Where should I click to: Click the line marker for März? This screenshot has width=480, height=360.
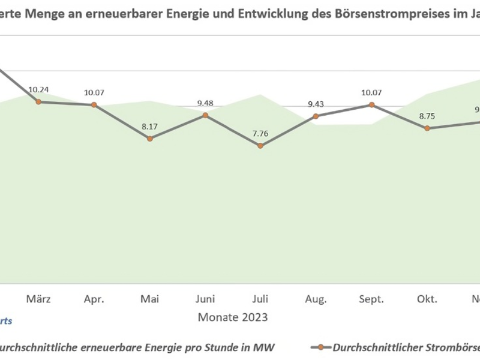tap(38, 102)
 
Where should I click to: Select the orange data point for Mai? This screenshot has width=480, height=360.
tap(149, 139)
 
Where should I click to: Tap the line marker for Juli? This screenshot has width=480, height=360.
tap(260, 146)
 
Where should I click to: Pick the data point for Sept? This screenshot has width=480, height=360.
tap(371, 105)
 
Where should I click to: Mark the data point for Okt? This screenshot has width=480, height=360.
tap(427, 128)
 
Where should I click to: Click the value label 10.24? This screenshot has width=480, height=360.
tap(38, 90)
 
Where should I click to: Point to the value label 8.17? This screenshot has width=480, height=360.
tap(149, 127)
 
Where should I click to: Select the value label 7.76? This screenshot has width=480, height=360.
tap(260, 133)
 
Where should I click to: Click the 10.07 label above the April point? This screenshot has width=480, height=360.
tap(94, 93)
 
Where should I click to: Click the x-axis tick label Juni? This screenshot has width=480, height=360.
tap(205, 299)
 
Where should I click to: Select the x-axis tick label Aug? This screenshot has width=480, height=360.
tap(316, 299)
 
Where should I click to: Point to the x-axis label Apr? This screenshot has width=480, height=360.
tap(94, 299)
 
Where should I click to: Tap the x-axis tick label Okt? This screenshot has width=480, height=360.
tap(427, 299)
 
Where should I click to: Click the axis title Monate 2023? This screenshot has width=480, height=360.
tap(233, 316)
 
